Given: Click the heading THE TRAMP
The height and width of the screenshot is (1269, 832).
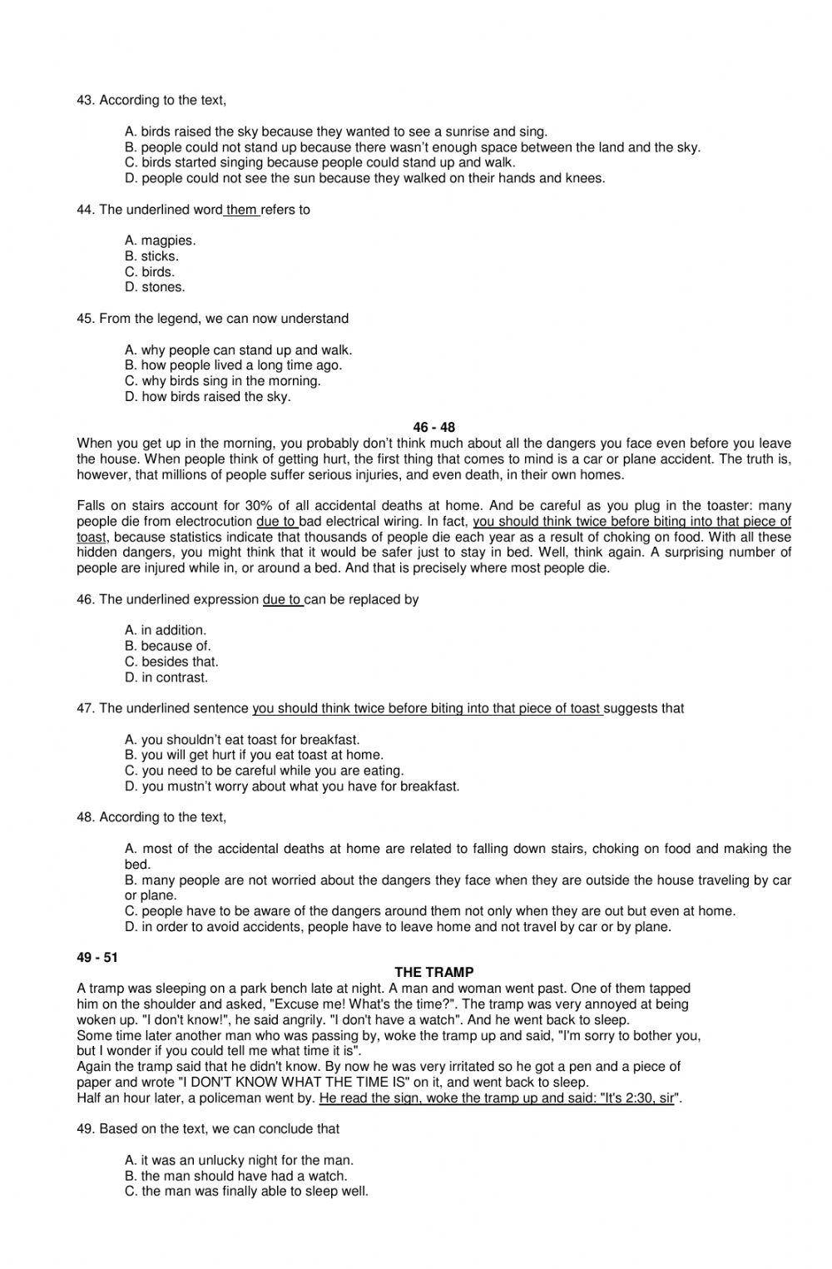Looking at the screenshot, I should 433,972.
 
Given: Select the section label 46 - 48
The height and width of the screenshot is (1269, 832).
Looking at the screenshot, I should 433,428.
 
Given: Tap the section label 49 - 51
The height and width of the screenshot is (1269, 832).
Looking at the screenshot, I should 97,957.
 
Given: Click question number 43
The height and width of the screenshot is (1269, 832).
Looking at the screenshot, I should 85,100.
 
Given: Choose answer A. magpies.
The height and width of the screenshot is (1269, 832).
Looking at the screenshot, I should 161,240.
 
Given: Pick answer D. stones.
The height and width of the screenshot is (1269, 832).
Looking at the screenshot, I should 155,287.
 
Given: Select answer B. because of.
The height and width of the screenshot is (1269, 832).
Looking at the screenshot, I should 168,646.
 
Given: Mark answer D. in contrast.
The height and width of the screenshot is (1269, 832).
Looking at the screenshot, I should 166,677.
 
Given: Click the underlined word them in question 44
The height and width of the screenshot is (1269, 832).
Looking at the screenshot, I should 241,210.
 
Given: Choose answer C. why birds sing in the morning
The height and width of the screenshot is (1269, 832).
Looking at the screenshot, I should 223,381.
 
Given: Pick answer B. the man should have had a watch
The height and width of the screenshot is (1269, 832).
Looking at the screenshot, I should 236,1176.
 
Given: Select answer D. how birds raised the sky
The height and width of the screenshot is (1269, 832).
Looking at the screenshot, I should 208,397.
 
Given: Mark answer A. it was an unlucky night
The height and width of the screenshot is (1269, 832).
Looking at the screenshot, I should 240,1160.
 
